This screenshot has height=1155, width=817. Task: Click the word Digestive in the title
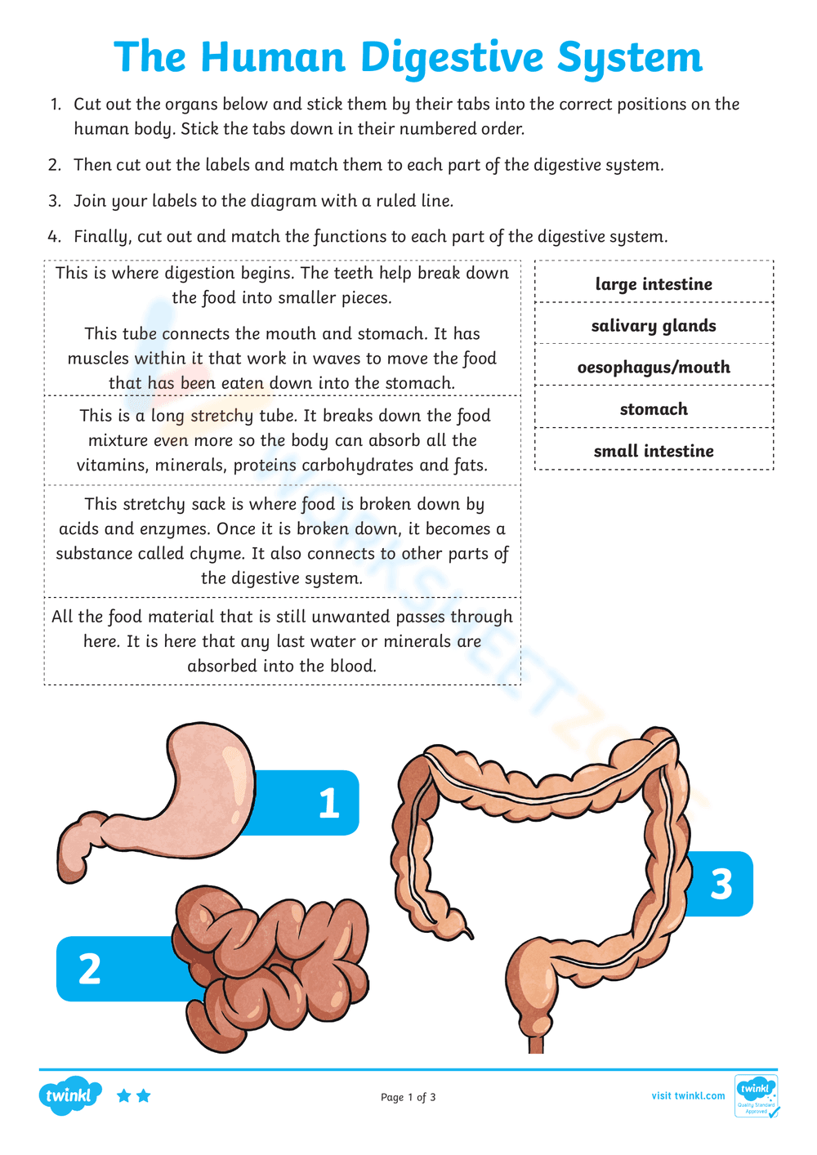452,58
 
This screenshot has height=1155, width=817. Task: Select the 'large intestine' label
654,284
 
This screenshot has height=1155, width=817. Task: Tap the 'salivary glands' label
654,326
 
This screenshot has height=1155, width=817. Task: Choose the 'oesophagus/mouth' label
654,368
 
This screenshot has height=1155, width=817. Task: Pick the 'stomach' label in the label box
654,409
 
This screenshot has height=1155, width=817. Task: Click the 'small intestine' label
654,451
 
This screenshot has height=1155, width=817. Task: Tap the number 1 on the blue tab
328,803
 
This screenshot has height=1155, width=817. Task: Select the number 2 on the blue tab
89,970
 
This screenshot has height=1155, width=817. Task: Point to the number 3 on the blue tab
721,885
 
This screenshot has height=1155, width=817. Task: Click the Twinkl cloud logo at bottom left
69,1095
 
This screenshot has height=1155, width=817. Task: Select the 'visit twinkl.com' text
688,1095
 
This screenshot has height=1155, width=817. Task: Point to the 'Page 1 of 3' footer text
408,1097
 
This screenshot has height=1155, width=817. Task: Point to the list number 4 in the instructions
54,237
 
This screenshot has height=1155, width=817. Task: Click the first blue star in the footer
124,1095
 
